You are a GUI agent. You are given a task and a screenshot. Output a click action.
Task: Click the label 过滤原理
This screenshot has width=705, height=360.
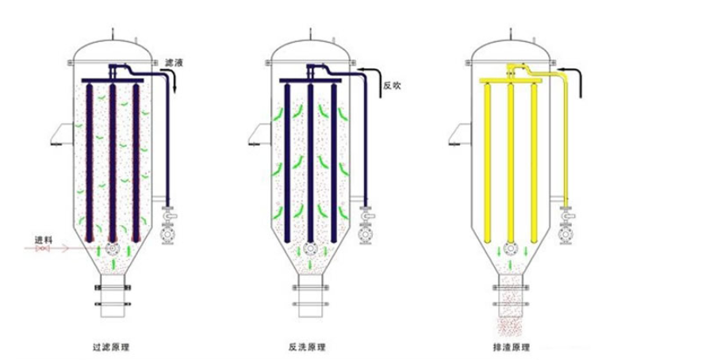pyautogui.click(x=110, y=347)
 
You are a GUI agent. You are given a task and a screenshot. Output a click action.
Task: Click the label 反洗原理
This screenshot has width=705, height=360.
pyautogui.click(x=307, y=347)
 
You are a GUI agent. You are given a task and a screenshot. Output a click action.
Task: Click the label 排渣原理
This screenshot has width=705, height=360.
pyautogui.click(x=512, y=347)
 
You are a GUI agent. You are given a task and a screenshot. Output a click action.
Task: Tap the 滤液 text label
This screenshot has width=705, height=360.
pyautogui.click(x=174, y=63)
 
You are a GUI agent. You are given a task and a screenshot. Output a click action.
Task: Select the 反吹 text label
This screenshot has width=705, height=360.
pyautogui.click(x=391, y=86)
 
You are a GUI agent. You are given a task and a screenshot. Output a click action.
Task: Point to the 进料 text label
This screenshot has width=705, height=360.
pyautogui.click(x=44, y=240)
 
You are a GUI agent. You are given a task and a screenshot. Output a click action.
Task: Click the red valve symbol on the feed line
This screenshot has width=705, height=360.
pyautogui.click(x=43, y=248)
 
